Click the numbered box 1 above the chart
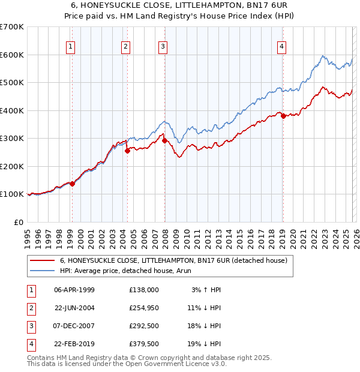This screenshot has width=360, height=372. [x=71, y=46]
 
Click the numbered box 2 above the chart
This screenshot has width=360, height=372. [x=125, y=46]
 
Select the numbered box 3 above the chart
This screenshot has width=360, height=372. [x=163, y=46]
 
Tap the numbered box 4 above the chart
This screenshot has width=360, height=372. [x=281, y=46]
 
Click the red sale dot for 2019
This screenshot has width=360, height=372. [x=283, y=116]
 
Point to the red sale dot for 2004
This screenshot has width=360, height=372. [x=127, y=151]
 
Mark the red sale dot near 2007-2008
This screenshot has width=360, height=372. [x=164, y=141]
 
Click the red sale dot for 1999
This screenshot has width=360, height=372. [x=73, y=184]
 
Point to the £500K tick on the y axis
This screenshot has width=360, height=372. [x=12, y=82]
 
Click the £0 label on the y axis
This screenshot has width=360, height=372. [x=18, y=222]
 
